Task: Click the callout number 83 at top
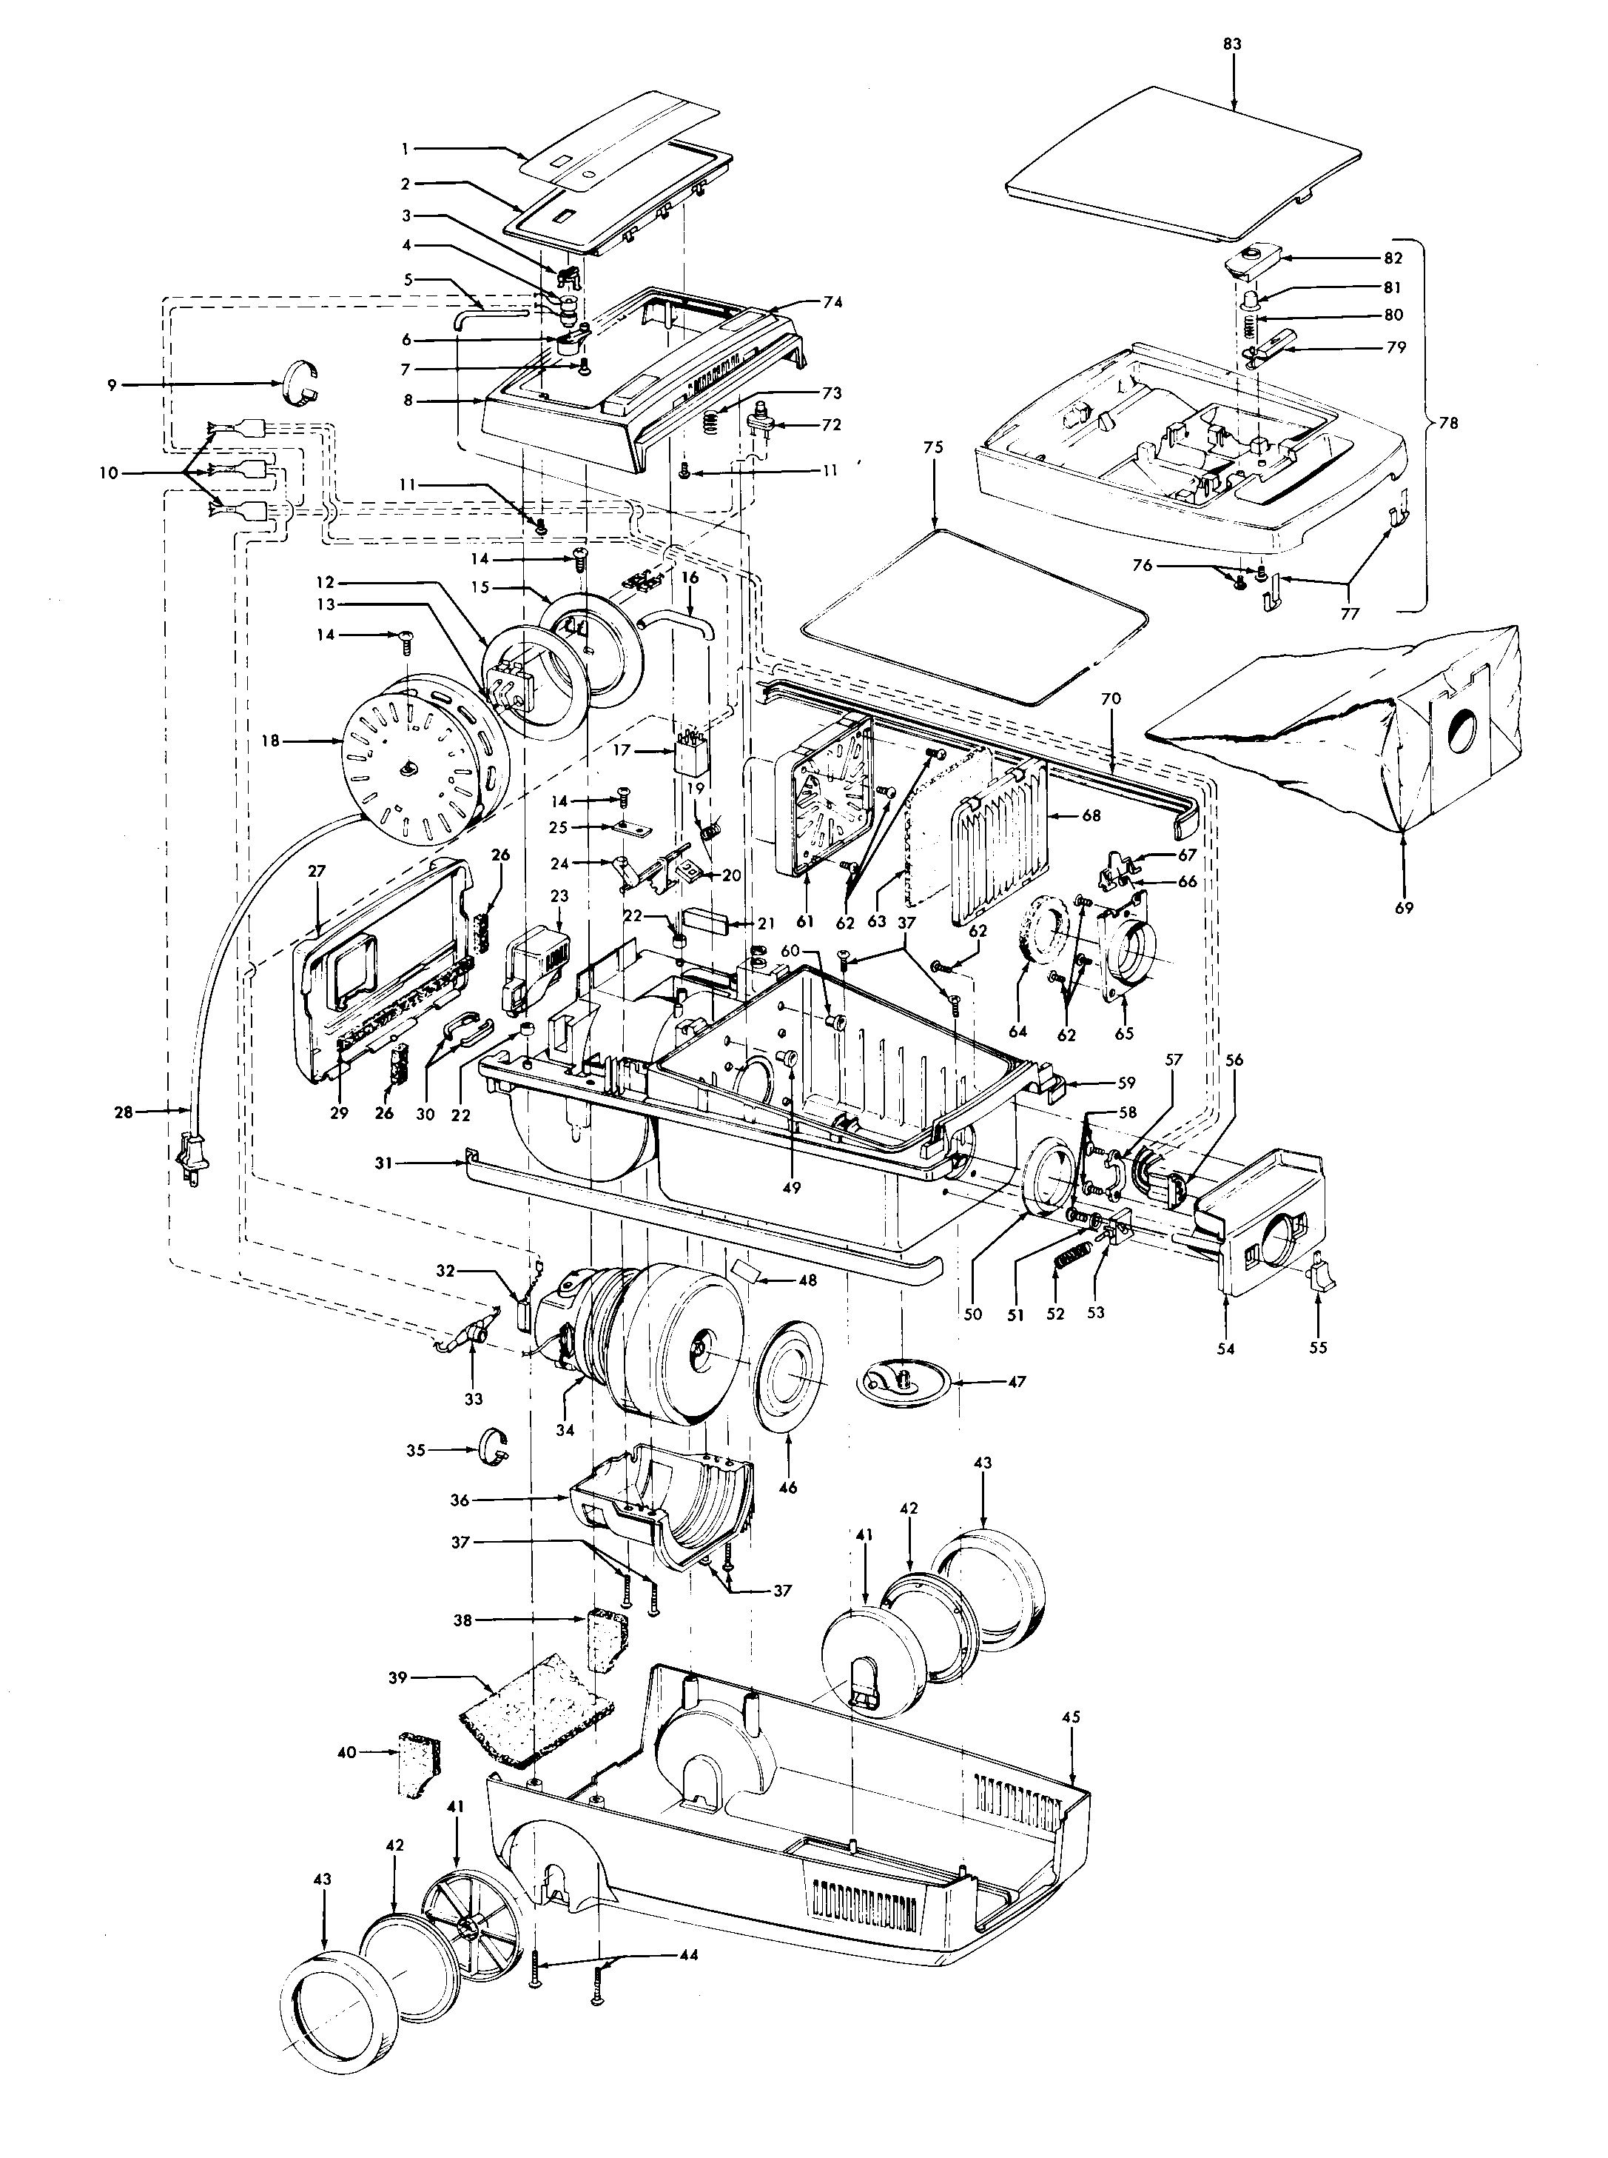1234,44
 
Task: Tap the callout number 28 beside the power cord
124,1110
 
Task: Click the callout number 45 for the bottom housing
1071,1717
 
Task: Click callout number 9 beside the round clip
112,384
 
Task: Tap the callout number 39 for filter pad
426,1678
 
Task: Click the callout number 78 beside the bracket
1450,423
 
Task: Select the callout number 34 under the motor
565,1429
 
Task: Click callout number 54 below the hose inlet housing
1225,1349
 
